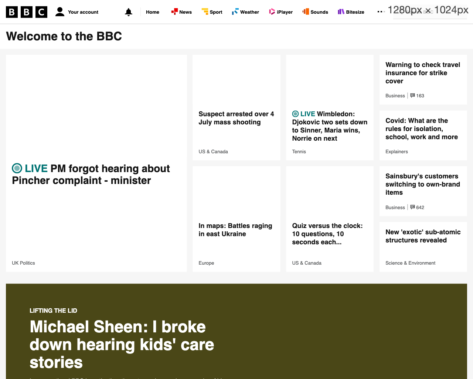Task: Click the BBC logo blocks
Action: (x=27, y=12)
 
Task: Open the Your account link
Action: (x=77, y=12)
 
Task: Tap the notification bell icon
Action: (x=129, y=12)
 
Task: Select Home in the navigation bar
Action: (x=152, y=12)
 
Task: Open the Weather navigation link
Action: (x=246, y=12)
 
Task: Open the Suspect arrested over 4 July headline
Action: (x=236, y=118)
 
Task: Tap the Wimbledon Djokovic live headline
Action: (x=330, y=126)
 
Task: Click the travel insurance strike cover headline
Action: (x=423, y=73)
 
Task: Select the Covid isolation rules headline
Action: (x=422, y=129)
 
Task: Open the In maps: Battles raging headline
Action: (x=235, y=230)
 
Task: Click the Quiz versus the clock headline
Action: (x=327, y=234)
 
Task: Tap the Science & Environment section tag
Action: (x=410, y=263)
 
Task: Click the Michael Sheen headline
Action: (x=122, y=345)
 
